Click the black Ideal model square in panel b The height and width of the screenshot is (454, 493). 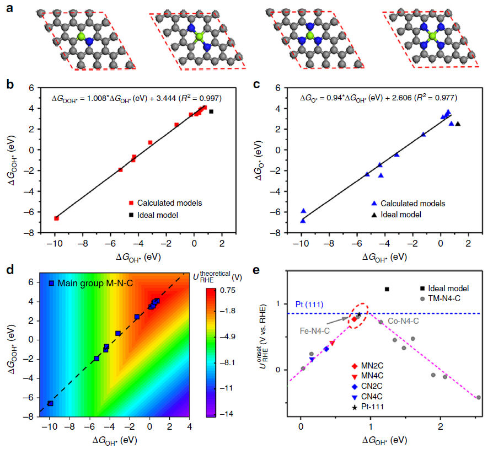tap(211, 111)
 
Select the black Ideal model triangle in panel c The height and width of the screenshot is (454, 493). tap(458, 124)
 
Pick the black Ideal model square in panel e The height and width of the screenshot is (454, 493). tap(387, 289)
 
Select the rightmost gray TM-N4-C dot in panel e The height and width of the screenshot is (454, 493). tap(478, 397)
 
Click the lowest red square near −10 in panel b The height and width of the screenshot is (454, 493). tap(56, 218)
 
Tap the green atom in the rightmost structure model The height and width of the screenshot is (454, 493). tap(432, 36)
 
